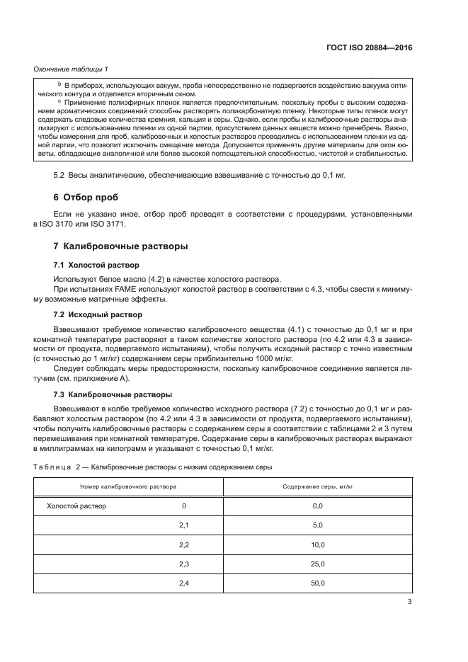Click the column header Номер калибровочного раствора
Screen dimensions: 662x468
128,487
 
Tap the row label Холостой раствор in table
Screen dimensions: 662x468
76,506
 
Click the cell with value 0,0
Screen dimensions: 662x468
317,506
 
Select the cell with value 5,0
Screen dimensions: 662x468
317,525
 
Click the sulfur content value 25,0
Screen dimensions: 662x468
317,564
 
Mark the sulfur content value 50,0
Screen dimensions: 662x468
317,583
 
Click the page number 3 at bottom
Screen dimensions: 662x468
409,603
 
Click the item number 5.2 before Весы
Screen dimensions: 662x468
59,175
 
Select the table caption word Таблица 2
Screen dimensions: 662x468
52,467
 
